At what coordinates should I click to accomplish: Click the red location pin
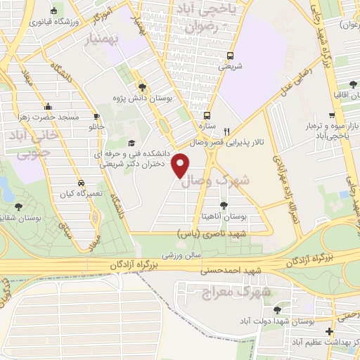[x=181, y=165]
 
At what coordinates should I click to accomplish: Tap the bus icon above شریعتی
[x=226, y=56]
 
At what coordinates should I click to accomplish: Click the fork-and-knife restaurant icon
[x=226, y=131]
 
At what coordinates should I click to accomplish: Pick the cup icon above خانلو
[x=97, y=117]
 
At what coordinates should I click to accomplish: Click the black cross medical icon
[x=328, y=331]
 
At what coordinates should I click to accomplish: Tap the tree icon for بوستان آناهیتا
[x=224, y=205]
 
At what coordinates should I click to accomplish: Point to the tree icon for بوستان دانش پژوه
[x=143, y=87]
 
